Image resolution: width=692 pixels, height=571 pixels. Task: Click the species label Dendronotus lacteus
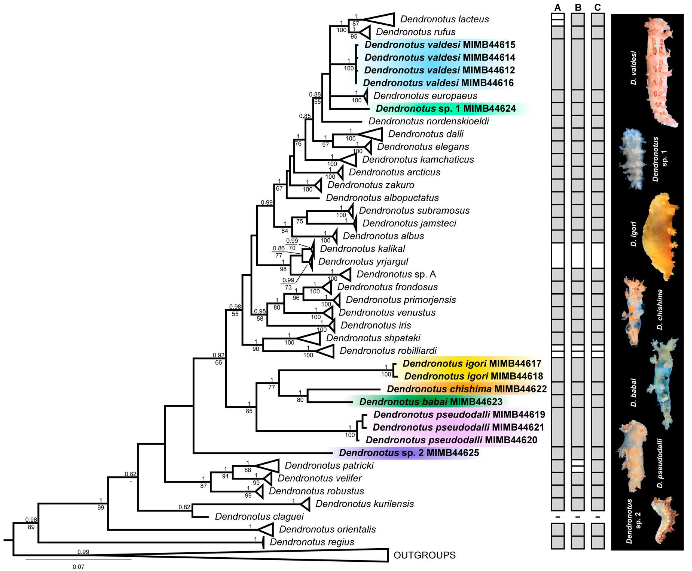[x=445, y=19]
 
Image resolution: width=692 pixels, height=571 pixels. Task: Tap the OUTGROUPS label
[x=424, y=555]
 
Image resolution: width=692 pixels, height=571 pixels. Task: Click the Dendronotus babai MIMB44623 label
[x=431, y=402]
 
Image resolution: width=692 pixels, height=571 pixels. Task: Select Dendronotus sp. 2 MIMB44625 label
[x=409, y=453]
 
